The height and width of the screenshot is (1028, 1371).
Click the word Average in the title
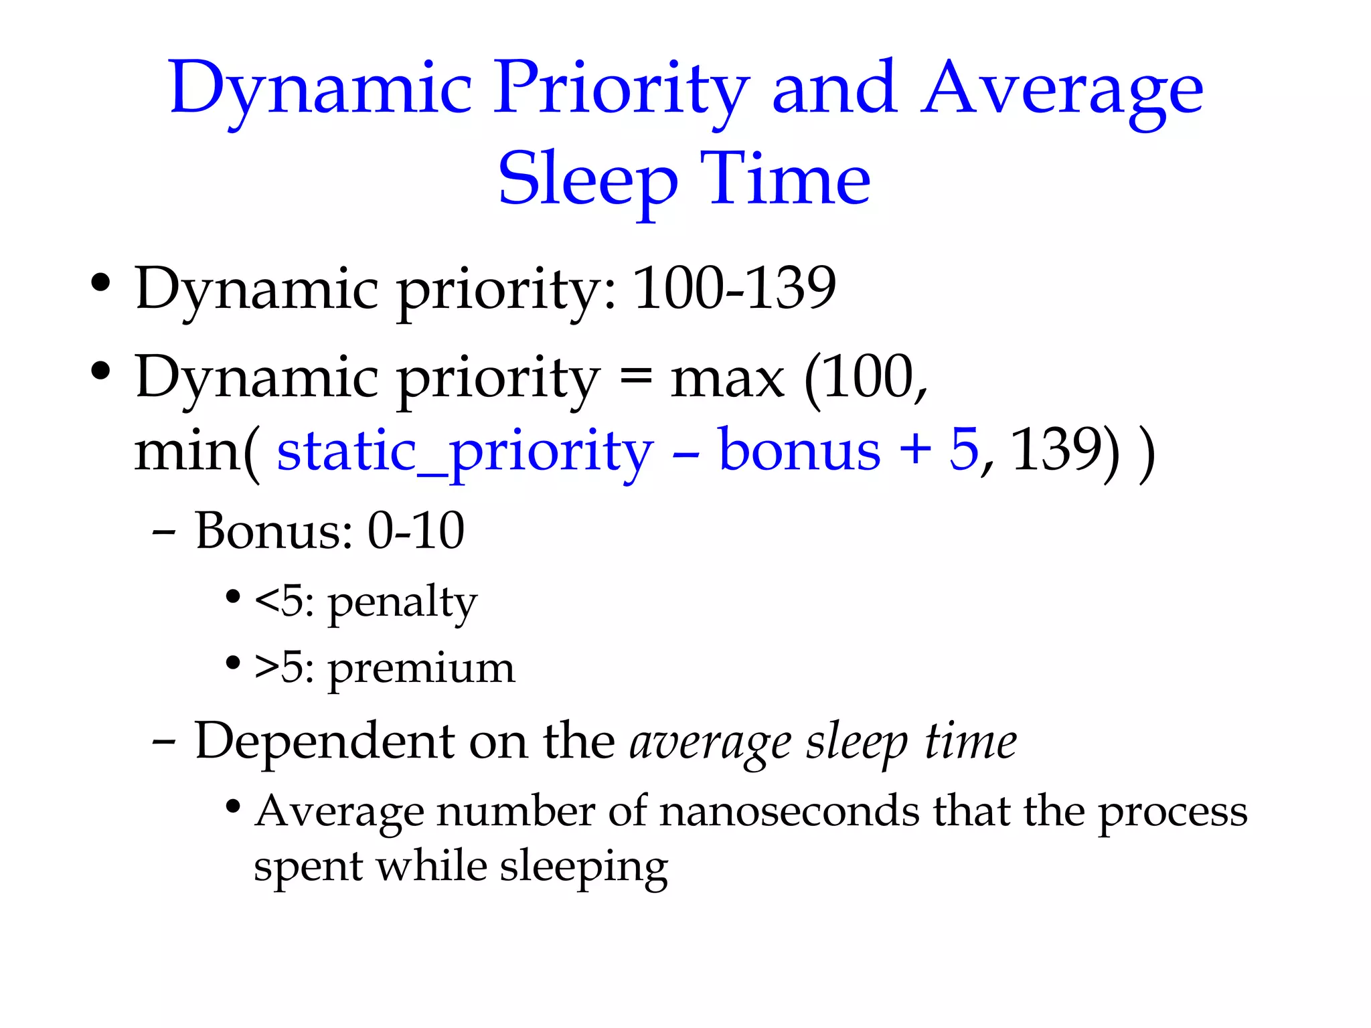pyautogui.click(x=1062, y=90)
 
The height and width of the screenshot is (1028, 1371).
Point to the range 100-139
pyautogui.click(x=734, y=288)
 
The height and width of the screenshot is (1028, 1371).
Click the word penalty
pyautogui.click(x=402, y=603)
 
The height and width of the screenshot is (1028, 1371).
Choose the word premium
pyautogui.click(x=421, y=669)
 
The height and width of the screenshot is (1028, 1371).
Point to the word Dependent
pyautogui.click(x=325, y=742)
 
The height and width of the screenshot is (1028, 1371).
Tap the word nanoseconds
pyautogui.click(x=790, y=812)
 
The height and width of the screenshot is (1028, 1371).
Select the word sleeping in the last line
pyautogui.click(x=584, y=867)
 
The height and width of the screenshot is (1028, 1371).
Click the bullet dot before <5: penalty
pyautogui.click(x=232, y=596)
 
